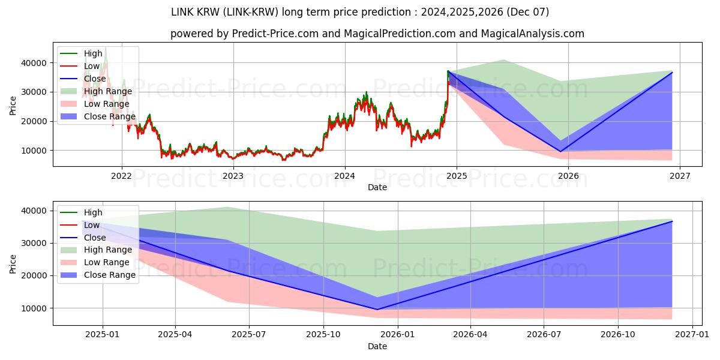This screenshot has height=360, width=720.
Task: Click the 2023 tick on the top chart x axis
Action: pos(233,176)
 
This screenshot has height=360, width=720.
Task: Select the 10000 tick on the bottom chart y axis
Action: pos(35,308)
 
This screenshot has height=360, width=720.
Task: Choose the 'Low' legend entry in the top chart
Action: pos(92,66)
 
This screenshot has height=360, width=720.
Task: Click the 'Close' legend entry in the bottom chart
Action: pos(95,238)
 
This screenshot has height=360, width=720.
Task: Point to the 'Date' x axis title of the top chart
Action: pos(377,187)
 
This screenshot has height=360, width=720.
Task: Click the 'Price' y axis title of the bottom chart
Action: pos(13,263)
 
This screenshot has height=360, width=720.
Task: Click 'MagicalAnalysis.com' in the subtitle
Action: pos(535,34)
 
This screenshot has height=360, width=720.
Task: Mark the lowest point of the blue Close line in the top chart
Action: pos(560,151)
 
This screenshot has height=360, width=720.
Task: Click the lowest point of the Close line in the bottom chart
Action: pos(377,310)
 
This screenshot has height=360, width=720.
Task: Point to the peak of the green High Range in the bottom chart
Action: pos(227,207)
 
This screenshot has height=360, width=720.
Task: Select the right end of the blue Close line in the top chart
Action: pos(672,72)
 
